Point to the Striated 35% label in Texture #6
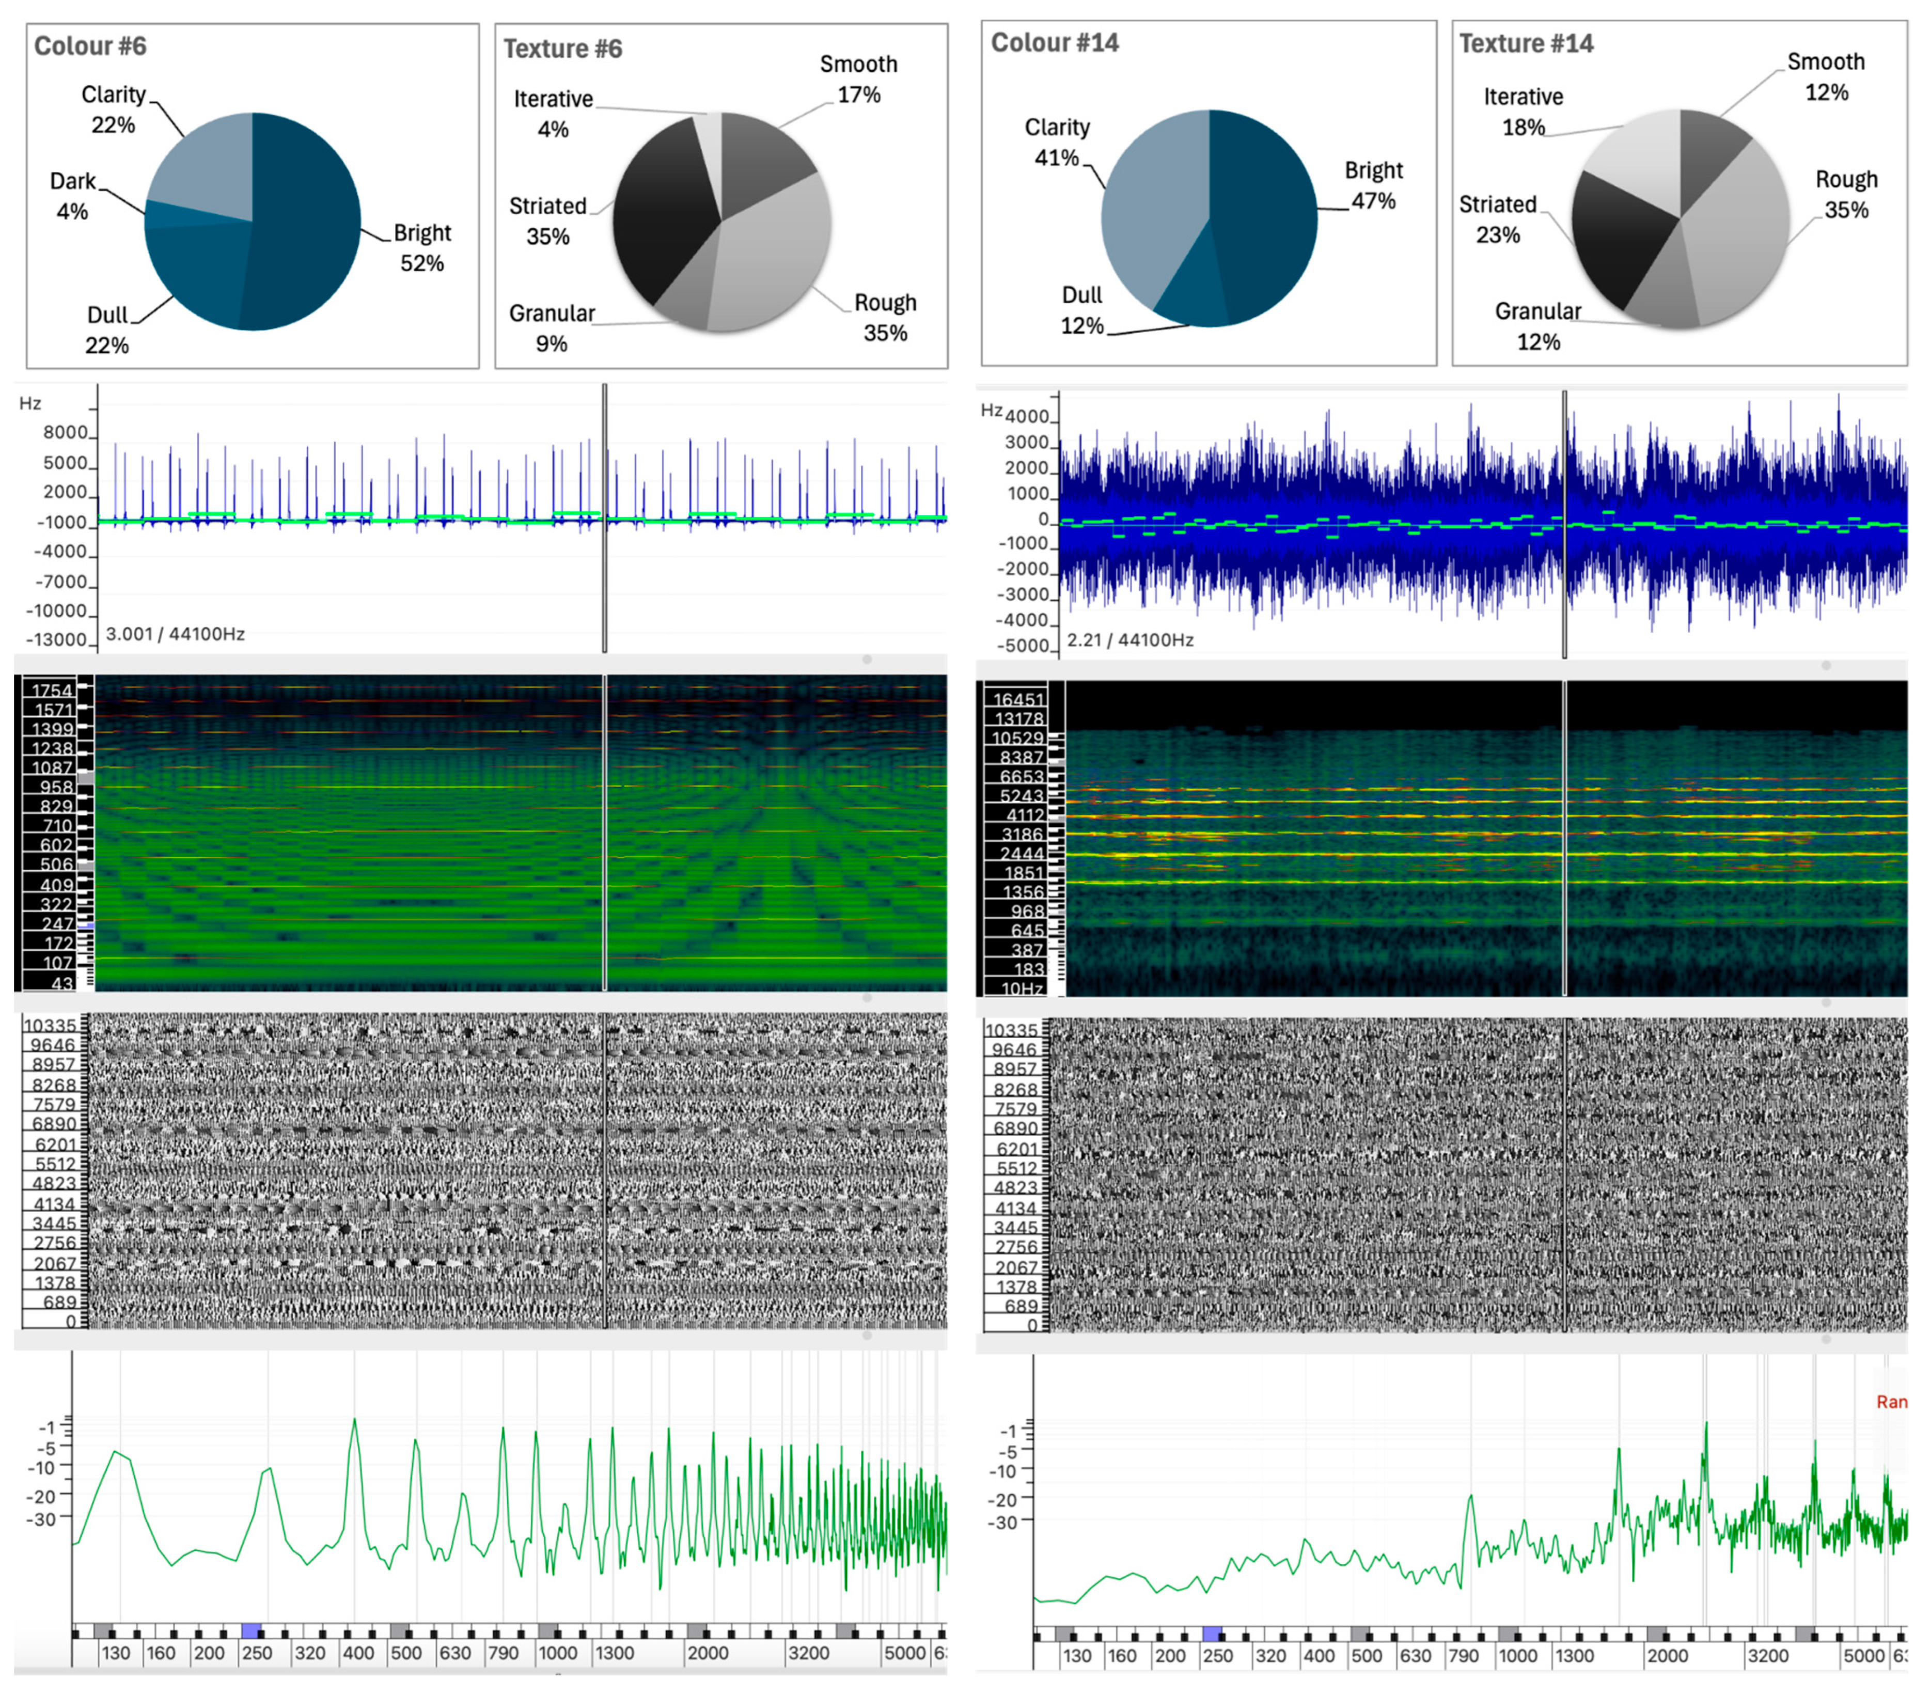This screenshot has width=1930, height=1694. coord(547,221)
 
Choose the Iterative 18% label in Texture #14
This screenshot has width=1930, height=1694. coord(1523,112)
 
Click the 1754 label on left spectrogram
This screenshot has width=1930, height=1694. coord(53,690)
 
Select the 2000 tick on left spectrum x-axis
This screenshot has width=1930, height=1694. coord(707,1653)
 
